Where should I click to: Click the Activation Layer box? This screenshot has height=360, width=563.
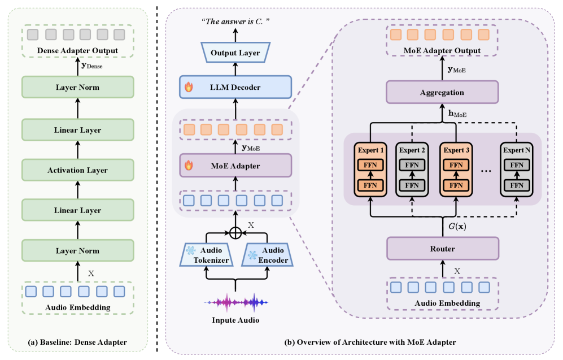(x=77, y=170)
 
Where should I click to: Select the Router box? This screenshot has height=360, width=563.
(x=442, y=248)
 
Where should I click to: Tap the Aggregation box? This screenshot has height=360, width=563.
(x=442, y=92)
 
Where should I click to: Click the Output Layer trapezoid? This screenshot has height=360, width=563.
(x=235, y=53)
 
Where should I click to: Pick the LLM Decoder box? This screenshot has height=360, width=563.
(x=235, y=87)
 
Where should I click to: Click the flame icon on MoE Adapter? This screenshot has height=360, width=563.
(x=189, y=165)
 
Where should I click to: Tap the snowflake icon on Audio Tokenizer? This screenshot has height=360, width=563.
(x=191, y=250)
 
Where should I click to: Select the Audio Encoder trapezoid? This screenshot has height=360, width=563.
(x=267, y=255)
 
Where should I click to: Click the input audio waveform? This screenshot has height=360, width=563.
(x=235, y=302)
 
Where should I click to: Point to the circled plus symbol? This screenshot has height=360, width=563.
(x=235, y=233)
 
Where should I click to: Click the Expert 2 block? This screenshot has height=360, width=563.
(x=412, y=170)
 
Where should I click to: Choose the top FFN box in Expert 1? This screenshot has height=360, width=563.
(x=370, y=165)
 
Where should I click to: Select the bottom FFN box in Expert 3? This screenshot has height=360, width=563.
(x=456, y=185)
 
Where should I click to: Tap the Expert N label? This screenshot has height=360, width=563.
(x=516, y=150)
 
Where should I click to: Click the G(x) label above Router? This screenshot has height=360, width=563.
(x=457, y=227)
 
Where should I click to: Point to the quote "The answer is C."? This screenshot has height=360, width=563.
(x=235, y=21)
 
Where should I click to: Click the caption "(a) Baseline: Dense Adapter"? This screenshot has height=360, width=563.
(x=77, y=342)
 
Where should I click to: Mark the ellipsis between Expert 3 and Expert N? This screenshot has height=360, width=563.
(x=486, y=171)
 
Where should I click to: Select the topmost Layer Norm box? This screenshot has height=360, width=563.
(x=77, y=87)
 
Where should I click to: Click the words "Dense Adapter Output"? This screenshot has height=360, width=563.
(x=77, y=51)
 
